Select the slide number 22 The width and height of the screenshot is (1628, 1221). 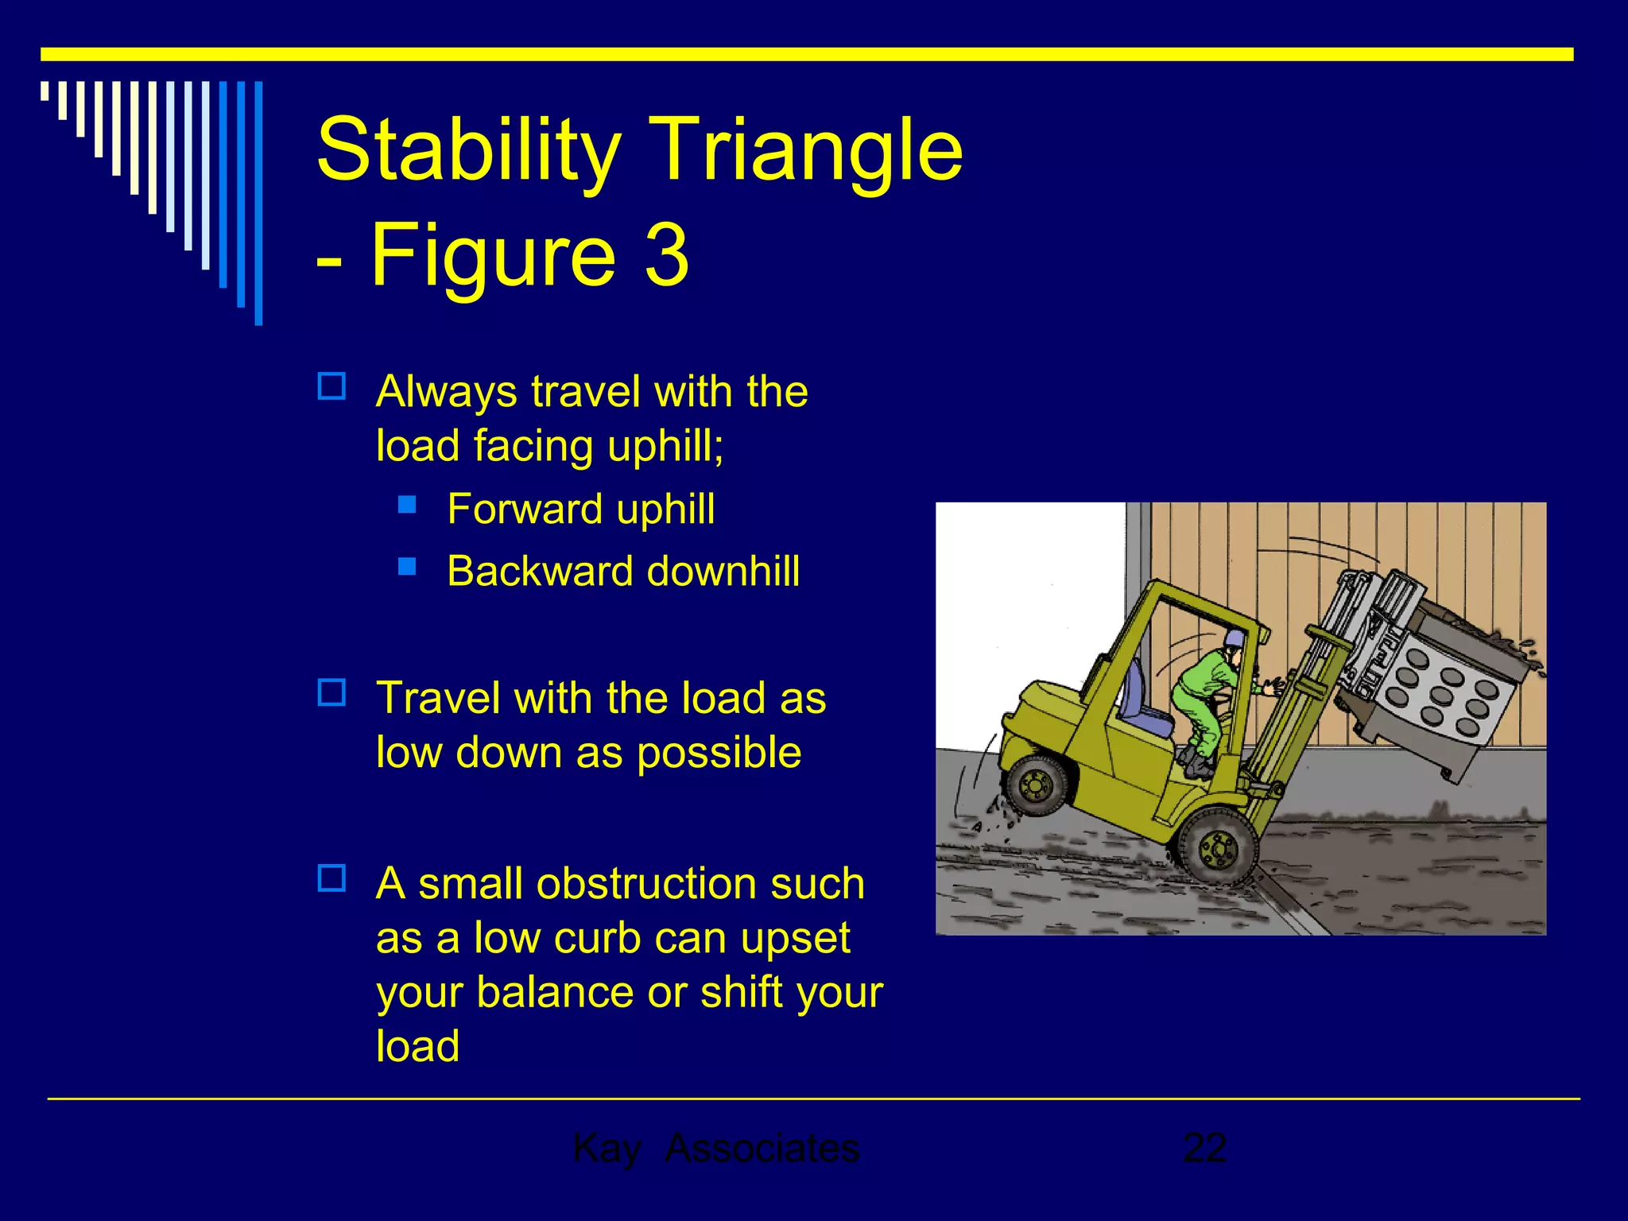pos(1204,1148)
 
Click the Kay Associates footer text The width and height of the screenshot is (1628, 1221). pos(715,1148)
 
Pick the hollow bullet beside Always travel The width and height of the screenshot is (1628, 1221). pos(331,387)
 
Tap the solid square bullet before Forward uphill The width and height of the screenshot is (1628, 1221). pos(407,504)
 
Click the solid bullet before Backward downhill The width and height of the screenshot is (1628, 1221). pos(407,566)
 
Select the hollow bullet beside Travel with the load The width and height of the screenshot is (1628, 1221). pos(331,693)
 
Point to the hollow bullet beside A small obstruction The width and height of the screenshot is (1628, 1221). pos(331,878)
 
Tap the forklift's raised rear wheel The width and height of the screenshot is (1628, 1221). pos(1036,785)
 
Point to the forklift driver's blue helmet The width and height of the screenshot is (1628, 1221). pos(1234,638)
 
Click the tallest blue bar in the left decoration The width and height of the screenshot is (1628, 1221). pos(258,203)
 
